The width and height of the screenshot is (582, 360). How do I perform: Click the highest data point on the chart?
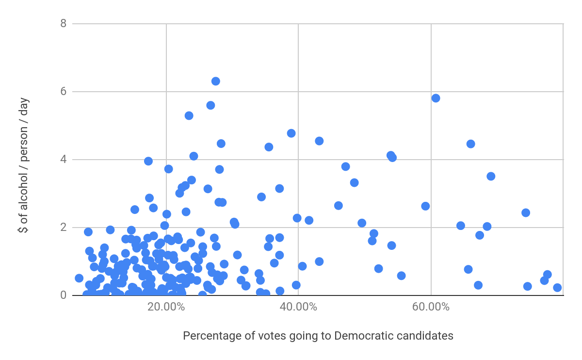pos(216,81)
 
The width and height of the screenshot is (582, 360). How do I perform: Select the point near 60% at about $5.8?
pos(436,98)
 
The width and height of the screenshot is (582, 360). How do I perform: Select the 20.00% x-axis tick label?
pos(166,307)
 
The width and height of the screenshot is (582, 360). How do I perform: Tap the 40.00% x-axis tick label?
pos(298,307)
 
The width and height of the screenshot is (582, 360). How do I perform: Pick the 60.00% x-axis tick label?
pos(431,307)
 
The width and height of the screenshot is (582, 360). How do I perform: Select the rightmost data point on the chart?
pos(557,288)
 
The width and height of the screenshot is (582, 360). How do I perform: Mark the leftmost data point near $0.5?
pos(79,278)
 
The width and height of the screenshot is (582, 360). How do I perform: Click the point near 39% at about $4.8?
pos(291,133)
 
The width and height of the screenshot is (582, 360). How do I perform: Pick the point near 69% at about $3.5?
pos(491,176)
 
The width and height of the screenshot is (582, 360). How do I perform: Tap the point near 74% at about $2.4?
pos(526,213)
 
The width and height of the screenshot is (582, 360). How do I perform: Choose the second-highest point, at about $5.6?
pos(210,105)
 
